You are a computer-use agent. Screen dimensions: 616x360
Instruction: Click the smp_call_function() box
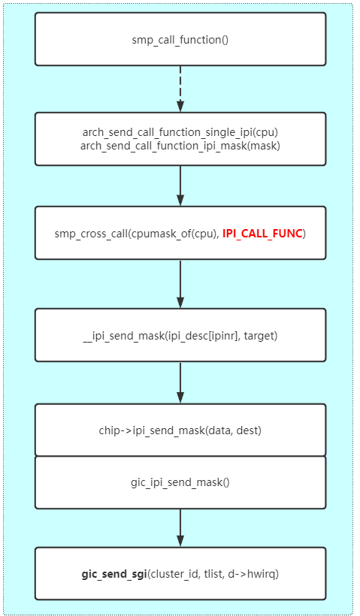point(180,39)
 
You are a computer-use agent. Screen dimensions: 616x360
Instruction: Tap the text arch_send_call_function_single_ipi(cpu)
point(180,132)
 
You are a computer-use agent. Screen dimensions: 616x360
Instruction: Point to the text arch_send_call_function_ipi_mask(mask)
point(180,145)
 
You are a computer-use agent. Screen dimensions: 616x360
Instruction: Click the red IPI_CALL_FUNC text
point(262,234)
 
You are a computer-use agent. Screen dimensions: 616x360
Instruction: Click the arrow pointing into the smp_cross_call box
point(180,186)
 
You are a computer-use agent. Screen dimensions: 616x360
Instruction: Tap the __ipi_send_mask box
point(180,335)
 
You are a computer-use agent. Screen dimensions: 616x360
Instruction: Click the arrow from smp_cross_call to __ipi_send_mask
point(180,283)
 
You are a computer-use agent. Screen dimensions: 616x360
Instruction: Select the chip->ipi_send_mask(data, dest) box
point(180,430)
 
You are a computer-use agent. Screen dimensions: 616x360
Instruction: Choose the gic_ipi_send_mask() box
point(180,482)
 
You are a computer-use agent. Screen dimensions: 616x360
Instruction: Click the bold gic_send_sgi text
point(114,574)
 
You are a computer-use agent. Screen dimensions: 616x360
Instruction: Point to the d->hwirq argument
point(256,574)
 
